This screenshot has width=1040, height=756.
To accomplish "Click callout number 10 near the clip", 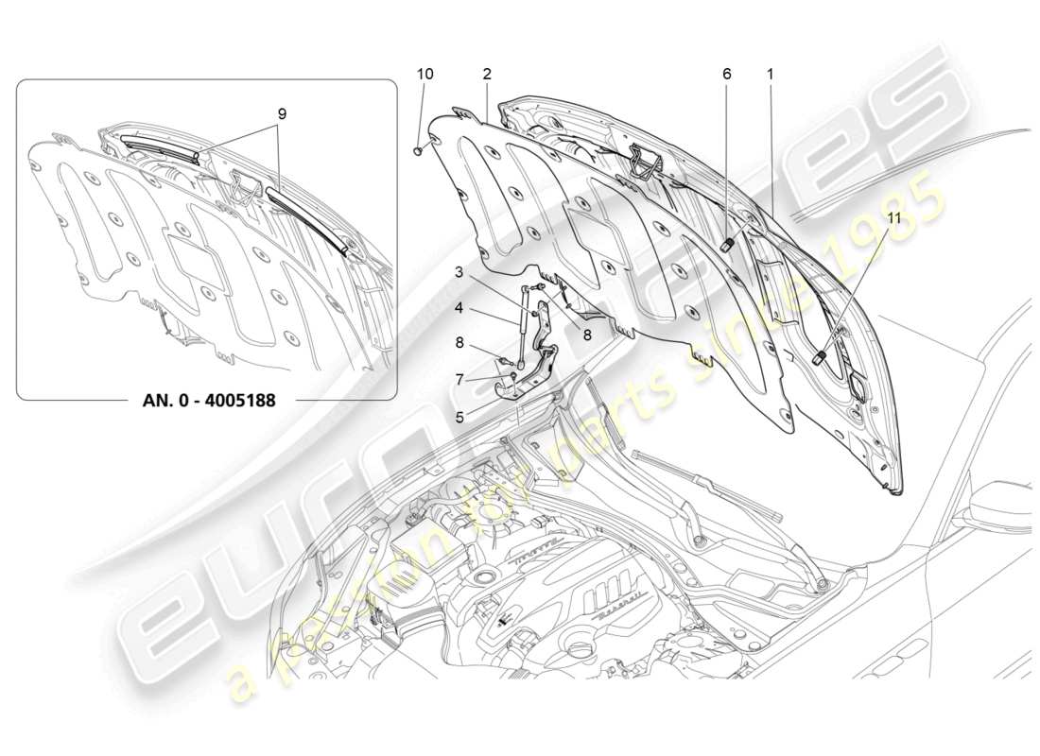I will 425,74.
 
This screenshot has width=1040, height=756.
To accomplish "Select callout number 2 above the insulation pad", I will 486,74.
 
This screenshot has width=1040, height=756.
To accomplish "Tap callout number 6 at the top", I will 726,74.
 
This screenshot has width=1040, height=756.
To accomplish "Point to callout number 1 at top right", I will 771,74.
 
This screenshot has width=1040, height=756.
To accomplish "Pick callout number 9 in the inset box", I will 282,113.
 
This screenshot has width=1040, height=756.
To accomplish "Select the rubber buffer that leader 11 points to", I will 820,357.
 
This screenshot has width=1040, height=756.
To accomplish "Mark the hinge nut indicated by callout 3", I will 535,305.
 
